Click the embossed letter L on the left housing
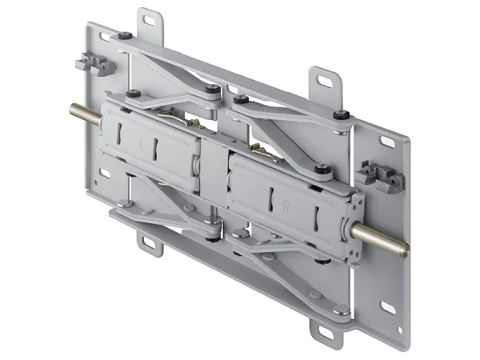(142, 146)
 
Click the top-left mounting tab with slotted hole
(149, 21)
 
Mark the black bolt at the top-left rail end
(126, 35)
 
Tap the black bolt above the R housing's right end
(322, 169)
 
